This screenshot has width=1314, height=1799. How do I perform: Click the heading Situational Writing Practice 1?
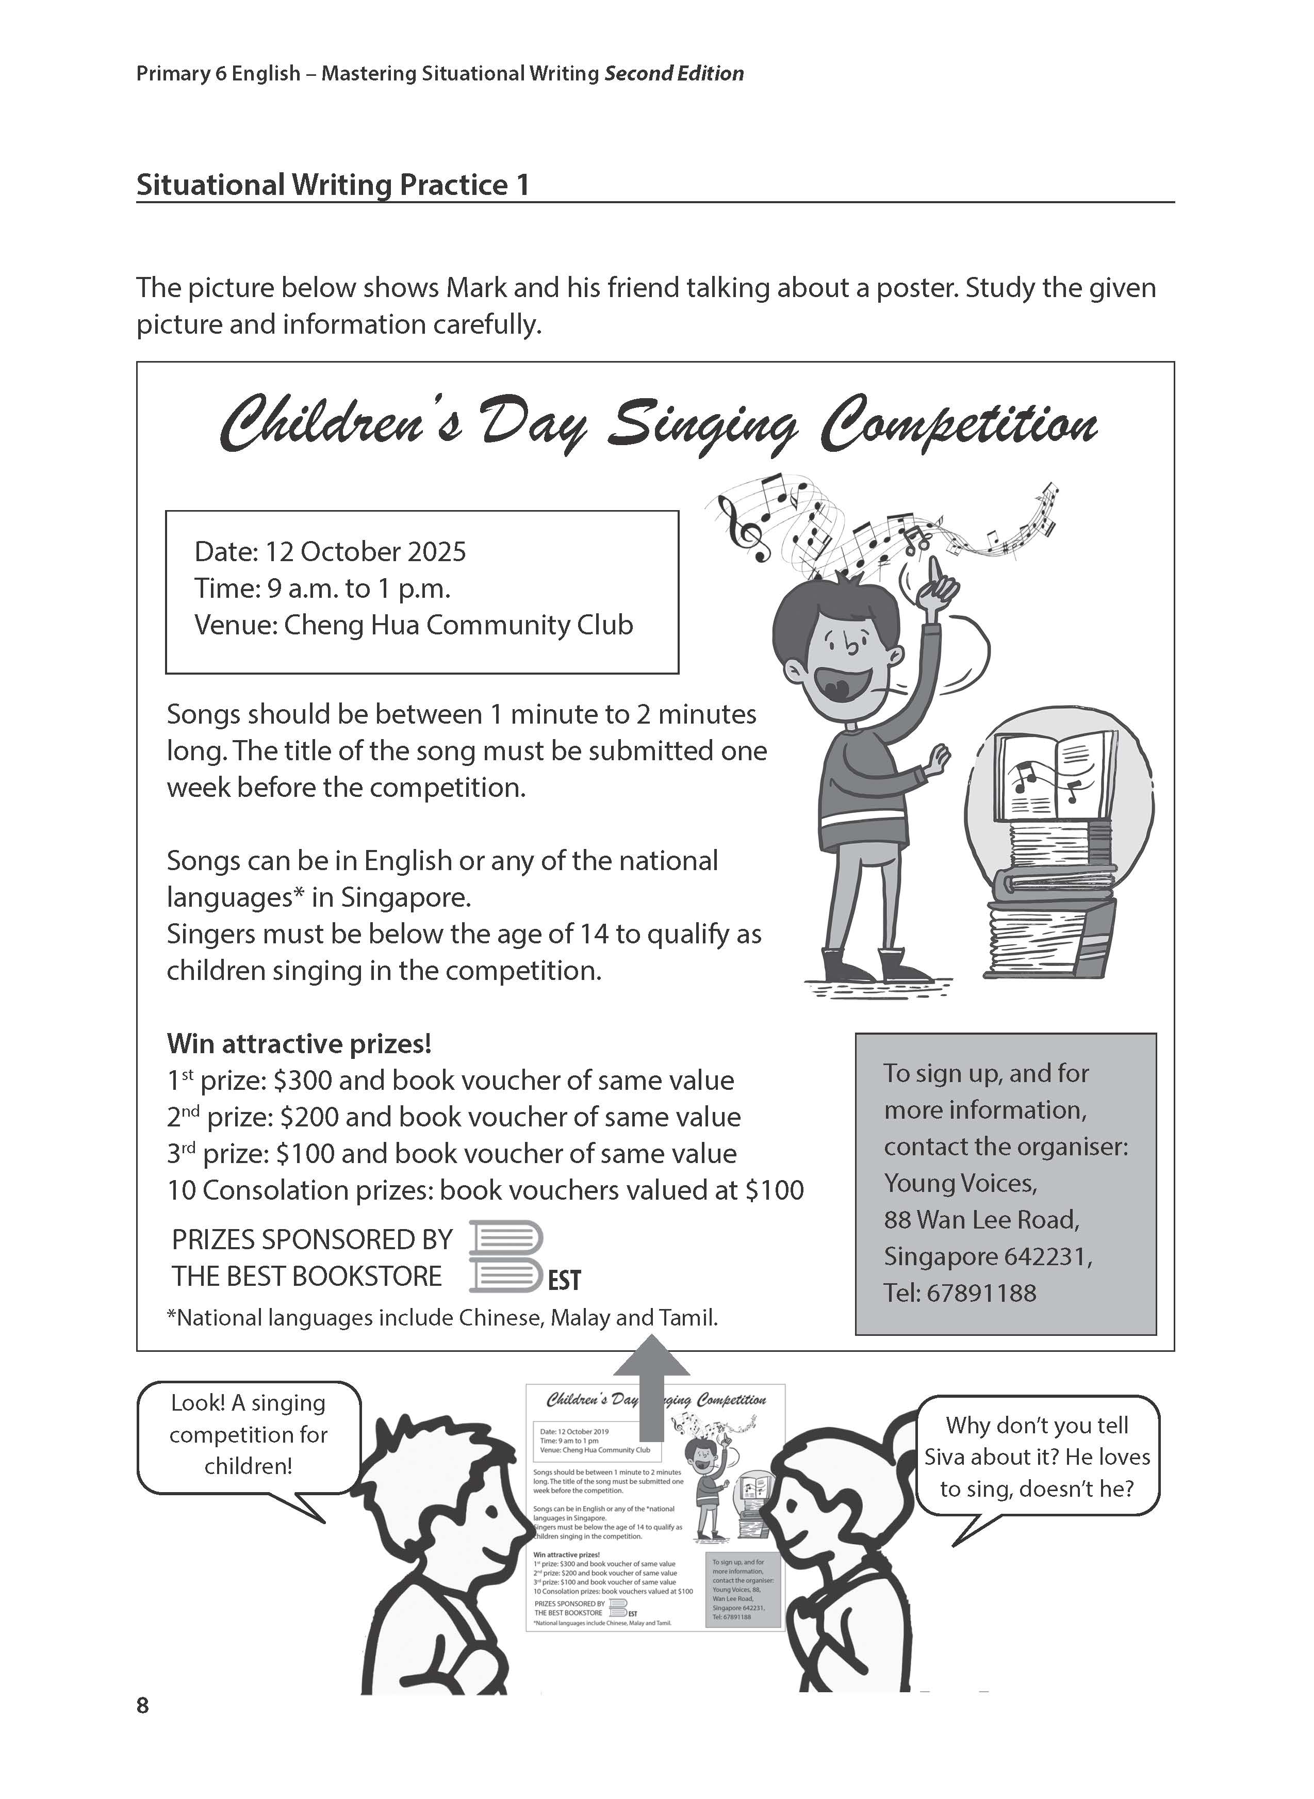(x=333, y=185)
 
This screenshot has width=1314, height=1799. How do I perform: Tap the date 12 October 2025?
(x=365, y=552)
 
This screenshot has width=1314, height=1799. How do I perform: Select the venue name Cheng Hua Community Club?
(x=458, y=625)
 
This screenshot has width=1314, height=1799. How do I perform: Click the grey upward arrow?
(x=651, y=1388)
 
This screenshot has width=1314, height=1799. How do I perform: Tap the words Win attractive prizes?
(x=299, y=1043)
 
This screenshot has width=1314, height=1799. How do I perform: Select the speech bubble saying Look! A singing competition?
(x=248, y=1435)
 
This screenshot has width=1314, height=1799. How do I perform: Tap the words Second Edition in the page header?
(x=674, y=74)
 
